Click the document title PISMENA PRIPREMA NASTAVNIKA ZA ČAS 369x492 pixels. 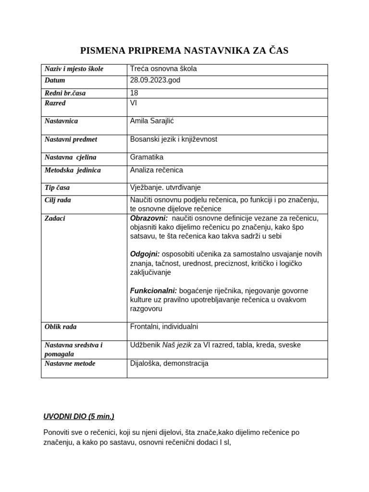click(184, 51)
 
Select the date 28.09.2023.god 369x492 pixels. click(155, 80)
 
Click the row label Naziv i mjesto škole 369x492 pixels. click(74, 69)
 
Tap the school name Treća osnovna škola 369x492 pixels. click(163, 69)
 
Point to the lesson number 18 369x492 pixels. click(134, 93)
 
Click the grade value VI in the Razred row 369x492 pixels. click(134, 103)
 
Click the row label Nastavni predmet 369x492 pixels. click(71, 139)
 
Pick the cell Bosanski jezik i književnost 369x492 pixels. click(173, 139)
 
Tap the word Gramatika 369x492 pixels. click(147, 157)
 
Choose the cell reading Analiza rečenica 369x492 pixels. click(157, 170)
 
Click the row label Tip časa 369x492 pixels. click(57, 188)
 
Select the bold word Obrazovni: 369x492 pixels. click(149, 218)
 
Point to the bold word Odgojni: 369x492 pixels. click(145, 254)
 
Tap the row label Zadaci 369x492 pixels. click(55, 218)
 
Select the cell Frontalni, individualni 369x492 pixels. click(164, 327)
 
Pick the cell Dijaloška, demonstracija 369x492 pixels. click(169, 363)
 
